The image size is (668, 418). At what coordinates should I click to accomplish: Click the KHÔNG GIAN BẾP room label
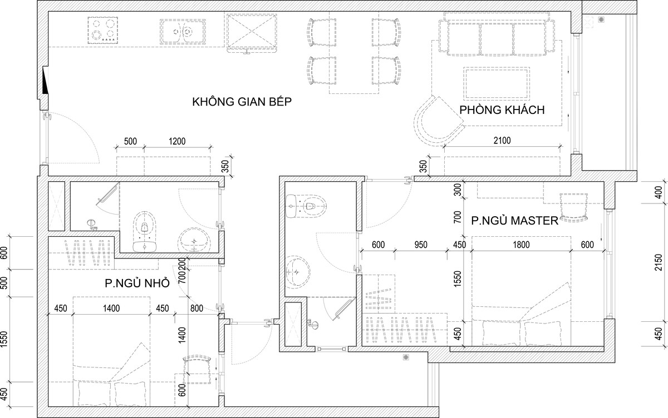tap(242, 102)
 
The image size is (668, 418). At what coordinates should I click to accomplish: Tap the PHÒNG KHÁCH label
tap(502, 110)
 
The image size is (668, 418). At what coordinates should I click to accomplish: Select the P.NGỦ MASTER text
tap(514, 221)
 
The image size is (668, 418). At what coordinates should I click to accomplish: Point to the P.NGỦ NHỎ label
tap(137, 283)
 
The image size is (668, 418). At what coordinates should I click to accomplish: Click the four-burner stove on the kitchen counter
tap(102, 31)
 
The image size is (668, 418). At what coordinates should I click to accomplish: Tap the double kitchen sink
tap(183, 32)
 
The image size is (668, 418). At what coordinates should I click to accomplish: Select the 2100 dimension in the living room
tap(502, 140)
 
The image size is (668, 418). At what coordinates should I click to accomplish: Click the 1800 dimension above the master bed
tap(521, 245)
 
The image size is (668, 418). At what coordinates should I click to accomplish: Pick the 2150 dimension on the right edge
tap(658, 262)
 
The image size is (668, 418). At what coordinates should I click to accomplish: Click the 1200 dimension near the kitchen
tap(177, 141)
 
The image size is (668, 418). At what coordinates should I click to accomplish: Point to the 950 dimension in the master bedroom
tap(421, 245)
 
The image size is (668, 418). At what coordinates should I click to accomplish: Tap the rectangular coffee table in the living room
tap(497, 83)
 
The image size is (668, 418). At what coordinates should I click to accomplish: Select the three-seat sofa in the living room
tap(497, 35)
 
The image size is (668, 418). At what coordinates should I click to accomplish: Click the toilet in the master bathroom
tap(311, 206)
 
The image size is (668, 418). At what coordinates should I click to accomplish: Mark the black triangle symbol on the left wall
tap(45, 81)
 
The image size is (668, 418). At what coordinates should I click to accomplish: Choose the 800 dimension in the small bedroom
tap(197, 308)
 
